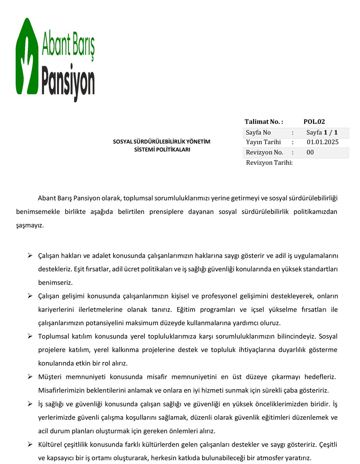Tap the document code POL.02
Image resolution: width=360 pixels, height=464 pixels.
(x=314, y=122)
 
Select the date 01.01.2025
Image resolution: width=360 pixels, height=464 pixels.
(x=323, y=142)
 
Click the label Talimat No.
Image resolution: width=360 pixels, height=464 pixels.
(x=263, y=122)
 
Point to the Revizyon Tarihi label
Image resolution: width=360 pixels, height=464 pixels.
(x=269, y=163)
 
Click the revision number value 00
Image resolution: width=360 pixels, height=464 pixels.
(x=310, y=152)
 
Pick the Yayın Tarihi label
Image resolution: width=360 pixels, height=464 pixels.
(x=263, y=142)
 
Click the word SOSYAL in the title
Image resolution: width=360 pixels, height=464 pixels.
(x=122, y=142)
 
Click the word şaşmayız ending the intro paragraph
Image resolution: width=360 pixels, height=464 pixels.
(x=30, y=225)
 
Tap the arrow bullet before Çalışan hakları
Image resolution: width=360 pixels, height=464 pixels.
(x=30, y=255)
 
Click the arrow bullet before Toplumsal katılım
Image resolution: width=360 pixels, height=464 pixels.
(x=30, y=336)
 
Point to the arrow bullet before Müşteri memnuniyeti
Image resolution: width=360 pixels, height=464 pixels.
(x=30, y=377)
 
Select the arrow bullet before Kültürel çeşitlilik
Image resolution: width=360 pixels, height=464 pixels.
(x=30, y=444)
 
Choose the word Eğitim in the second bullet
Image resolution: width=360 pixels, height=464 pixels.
(x=186, y=309)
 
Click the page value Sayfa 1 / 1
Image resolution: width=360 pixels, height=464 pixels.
(x=322, y=133)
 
